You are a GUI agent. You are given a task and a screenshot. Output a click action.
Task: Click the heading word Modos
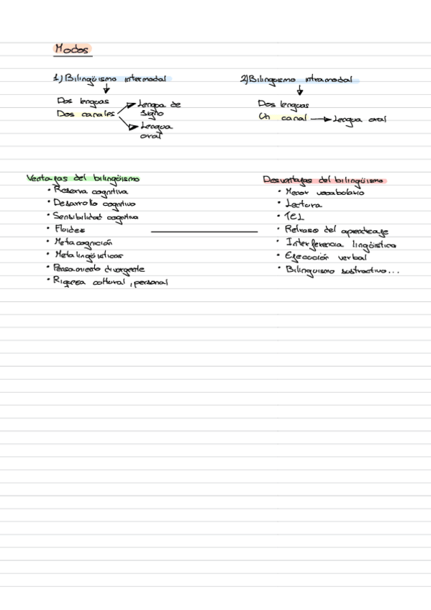(x=73, y=50)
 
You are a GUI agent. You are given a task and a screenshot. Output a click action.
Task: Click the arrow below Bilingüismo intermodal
(x=106, y=90)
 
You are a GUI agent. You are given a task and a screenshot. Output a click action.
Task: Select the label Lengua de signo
(x=158, y=109)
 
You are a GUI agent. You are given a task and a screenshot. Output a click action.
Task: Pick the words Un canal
(x=283, y=117)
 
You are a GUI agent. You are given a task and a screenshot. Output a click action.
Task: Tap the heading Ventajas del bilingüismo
(x=83, y=178)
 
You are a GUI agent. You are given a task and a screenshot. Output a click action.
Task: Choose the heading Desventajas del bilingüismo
(x=324, y=181)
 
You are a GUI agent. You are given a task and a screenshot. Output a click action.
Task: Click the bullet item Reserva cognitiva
(x=91, y=191)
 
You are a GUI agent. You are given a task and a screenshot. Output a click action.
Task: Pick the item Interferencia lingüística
(x=340, y=244)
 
